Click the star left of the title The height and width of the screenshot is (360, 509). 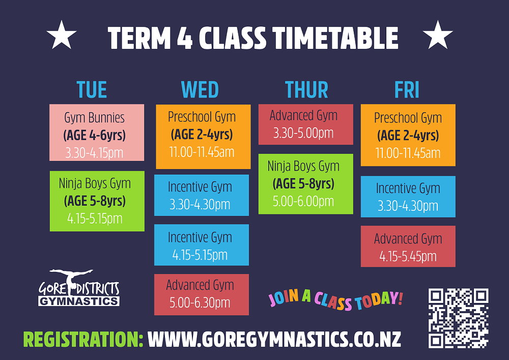click(62, 35)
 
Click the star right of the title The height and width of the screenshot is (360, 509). click(438, 35)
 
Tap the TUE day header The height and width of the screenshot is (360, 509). click(92, 90)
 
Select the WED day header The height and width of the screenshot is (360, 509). click(200, 90)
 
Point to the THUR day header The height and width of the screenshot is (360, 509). click(306, 90)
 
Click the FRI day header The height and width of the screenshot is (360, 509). click(407, 90)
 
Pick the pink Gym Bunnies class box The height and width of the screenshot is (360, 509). click(97, 132)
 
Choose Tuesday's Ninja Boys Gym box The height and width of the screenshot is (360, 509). click(97, 201)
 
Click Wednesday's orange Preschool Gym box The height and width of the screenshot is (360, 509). click(203, 136)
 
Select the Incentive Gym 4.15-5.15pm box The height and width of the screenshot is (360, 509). click(202, 245)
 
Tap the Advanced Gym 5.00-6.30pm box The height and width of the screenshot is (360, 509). click(202, 294)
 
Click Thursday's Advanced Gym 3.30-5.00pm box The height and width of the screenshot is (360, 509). click(306, 124)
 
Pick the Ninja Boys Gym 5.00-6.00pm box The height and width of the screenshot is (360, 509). click(306, 184)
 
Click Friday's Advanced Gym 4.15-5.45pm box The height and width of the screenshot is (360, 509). click(408, 246)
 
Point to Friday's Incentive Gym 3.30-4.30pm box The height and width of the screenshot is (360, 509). click(408, 197)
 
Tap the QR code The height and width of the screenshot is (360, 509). click(459, 318)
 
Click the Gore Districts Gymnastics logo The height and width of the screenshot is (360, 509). click(79, 288)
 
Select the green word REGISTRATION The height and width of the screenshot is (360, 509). click(83, 340)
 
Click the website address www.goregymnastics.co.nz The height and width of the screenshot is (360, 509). click(274, 340)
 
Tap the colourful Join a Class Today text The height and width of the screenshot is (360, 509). click(335, 299)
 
